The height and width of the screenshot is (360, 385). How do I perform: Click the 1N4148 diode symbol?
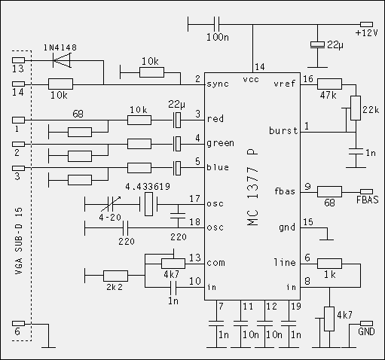[x=62, y=60]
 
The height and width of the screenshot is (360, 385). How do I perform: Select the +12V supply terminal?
[x=366, y=24]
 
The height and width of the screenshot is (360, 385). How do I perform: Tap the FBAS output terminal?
[x=366, y=192]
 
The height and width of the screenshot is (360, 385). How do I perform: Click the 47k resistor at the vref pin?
[x=329, y=84]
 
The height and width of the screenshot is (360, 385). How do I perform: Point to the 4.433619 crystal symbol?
[x=148, y=204]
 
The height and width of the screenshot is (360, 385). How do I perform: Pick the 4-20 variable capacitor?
[x=110, y=204]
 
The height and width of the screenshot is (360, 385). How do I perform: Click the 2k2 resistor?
[x=115, y=276]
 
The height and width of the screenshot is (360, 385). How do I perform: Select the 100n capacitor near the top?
[x=216, y=24]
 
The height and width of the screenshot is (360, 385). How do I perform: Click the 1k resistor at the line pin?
[x=329, y=264]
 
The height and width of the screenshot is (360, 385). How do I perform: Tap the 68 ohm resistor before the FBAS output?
[x=329, y=192]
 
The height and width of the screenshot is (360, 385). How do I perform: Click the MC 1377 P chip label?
[x=252, y=188]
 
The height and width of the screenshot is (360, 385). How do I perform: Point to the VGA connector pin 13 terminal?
[x=18, y=60]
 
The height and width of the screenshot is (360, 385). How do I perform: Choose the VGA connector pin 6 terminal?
[x=18, y=323]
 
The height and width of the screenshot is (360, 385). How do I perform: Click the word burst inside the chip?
[x=283, y=130]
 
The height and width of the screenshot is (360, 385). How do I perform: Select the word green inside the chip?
[x=220, y=143]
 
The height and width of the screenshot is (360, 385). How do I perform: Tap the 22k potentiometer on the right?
[x=356, y=108]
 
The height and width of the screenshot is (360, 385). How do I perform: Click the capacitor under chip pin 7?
[x=216, y=323]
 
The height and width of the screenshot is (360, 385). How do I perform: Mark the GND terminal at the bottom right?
[x=366, y=323]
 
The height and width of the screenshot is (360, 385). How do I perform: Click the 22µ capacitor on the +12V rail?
[x=317, y=44]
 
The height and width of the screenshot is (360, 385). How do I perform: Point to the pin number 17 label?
[x=194, y=199]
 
